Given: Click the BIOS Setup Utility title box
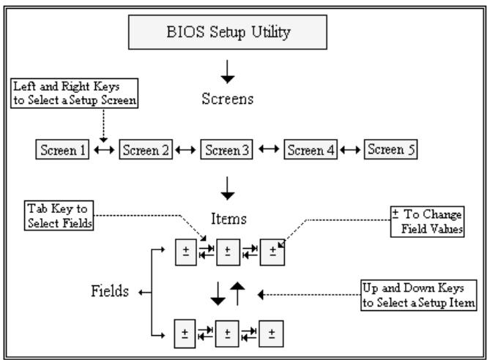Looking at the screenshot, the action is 228,32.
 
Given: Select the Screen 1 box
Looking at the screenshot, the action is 62,149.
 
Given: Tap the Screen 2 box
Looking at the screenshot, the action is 146,149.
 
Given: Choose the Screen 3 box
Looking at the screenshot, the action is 227,149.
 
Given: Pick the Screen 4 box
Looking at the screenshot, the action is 311,149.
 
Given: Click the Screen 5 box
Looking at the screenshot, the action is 391,149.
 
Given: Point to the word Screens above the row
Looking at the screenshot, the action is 228,99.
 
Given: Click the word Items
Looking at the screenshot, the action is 229,219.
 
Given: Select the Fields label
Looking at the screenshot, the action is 110,291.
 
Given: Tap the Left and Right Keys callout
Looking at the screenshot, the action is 75,93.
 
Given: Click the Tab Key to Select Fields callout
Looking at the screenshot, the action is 59,215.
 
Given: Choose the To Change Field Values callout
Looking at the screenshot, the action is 428,222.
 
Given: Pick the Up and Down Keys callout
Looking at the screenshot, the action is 419,295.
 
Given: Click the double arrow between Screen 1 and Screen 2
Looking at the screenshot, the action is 104,150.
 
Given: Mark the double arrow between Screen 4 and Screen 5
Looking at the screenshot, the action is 350,150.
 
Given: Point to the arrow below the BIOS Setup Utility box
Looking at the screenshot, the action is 227,72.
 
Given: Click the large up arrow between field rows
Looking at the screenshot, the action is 237,293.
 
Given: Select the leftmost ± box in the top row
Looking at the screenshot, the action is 186,252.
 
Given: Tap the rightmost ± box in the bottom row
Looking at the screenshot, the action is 272,334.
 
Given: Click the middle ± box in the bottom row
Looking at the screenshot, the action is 227,334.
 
